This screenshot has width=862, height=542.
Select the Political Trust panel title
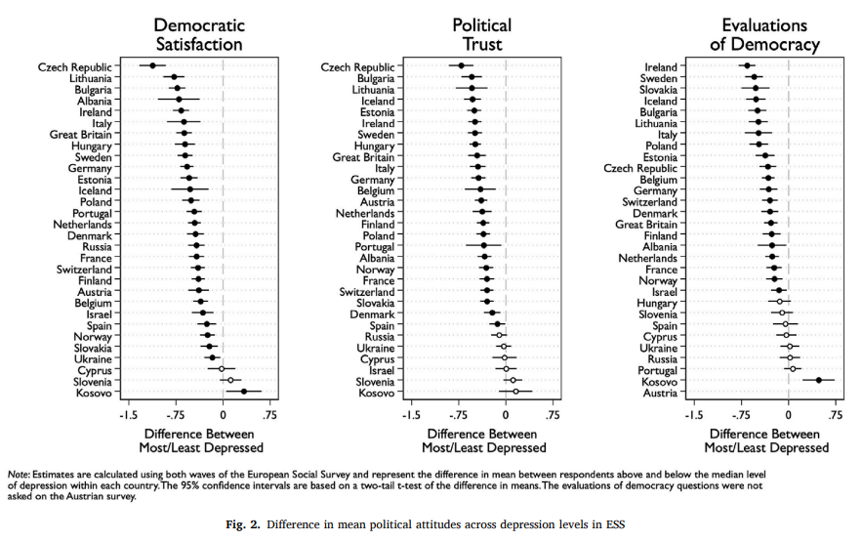coord(481,34)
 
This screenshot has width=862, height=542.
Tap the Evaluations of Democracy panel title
coord(763,34)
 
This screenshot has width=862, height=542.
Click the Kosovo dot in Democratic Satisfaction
coord(243,393)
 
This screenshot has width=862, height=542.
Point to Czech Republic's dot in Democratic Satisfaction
coord(152,66)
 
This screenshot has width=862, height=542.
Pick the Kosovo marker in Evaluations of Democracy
coord(818,381)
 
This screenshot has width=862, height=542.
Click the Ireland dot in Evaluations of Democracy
coord(747,66)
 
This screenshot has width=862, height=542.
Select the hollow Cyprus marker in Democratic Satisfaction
coord(221,370)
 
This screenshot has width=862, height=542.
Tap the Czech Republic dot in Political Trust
coord(462,66)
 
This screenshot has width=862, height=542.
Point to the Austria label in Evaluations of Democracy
coord(659,393)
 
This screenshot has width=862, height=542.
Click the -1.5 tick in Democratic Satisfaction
coord(128,414)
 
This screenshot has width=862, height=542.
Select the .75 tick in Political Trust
coord(552,414)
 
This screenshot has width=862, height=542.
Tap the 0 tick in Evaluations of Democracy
coord(787,414)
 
